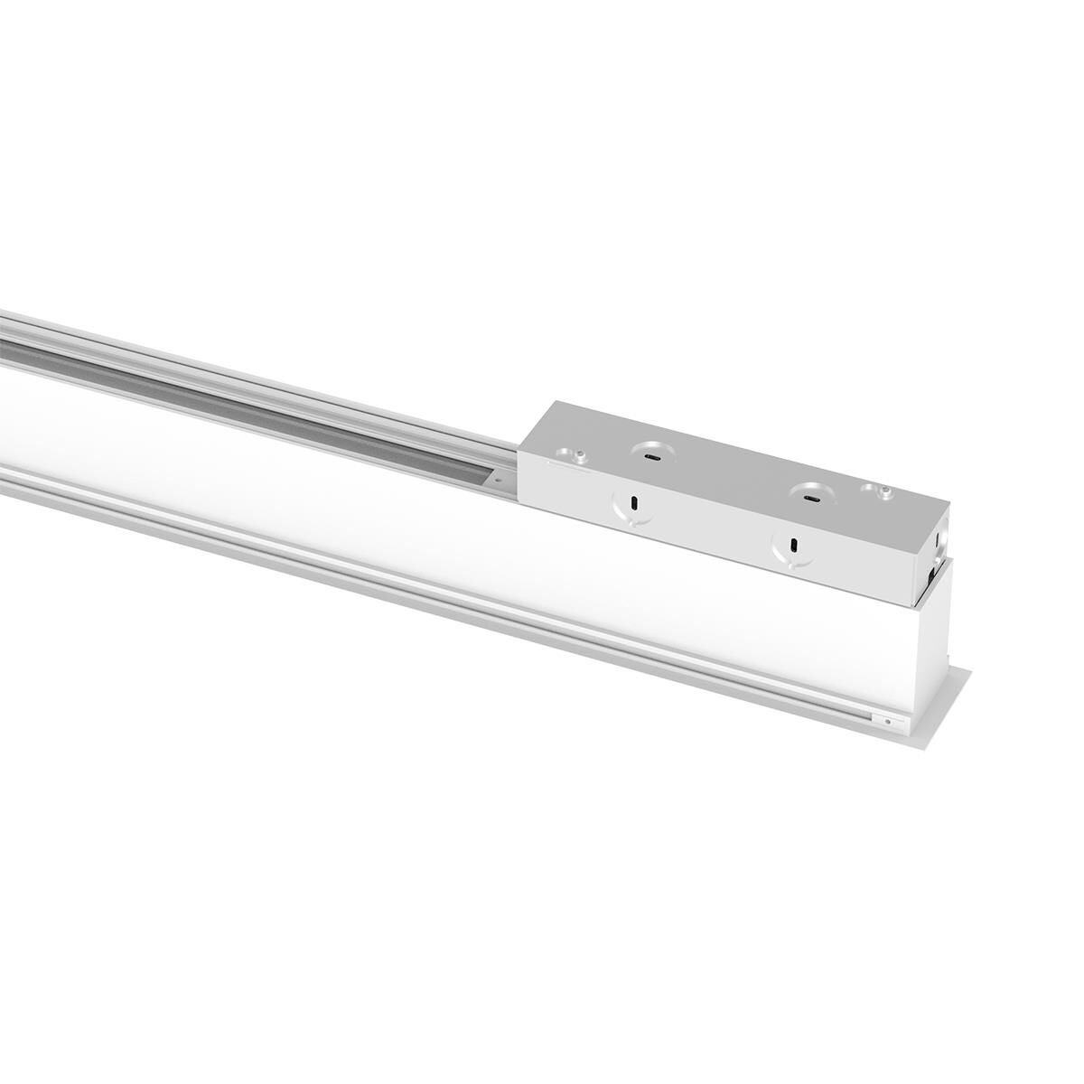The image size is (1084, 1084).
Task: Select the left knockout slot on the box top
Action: tap(649, 457)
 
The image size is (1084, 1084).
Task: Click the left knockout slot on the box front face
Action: tap(634, 502)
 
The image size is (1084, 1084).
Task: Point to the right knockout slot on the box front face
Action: tap(792, 545)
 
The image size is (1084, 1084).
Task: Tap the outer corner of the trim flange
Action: tap(972, 670)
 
